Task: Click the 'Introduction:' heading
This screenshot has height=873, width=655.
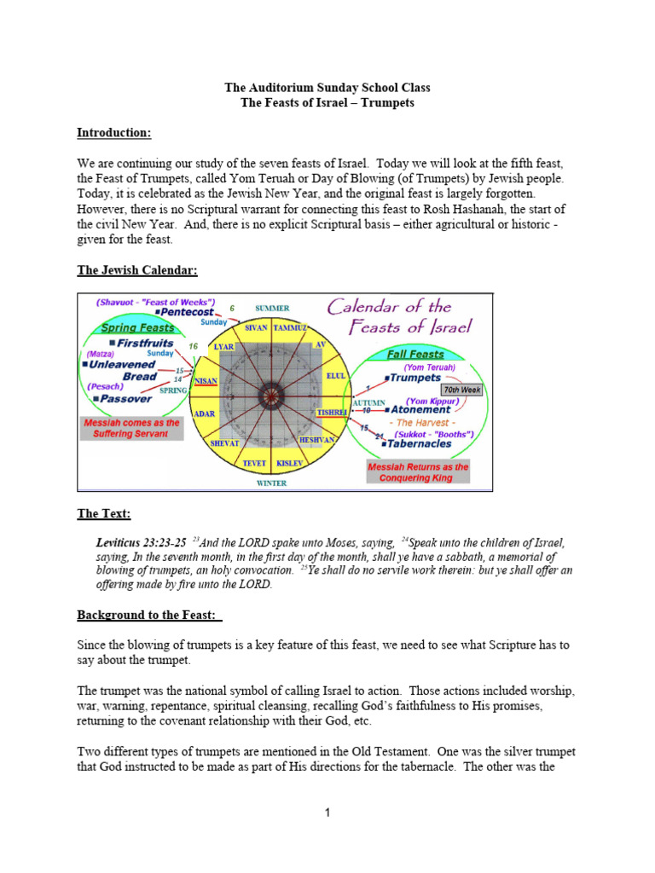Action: [x=114, y=133]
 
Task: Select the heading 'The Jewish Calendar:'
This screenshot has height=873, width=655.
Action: [x=137, y=270]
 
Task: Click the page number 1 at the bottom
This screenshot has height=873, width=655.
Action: [x=327, y=813]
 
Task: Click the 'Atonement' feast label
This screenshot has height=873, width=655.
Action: [x=420, y=410]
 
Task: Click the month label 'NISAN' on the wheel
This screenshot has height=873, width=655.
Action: [x=206, y=381]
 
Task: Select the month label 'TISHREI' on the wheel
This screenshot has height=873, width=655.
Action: [x=332, y=412]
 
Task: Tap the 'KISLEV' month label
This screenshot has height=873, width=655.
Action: [x=290, y=463]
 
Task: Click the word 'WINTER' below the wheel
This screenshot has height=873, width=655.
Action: [x=272, y=483]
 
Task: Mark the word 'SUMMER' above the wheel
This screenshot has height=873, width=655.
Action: [x=272, y=308]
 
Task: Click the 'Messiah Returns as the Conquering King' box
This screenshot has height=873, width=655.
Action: [x=418, y=472]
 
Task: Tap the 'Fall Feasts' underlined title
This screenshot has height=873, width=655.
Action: [x=414, y=354]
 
